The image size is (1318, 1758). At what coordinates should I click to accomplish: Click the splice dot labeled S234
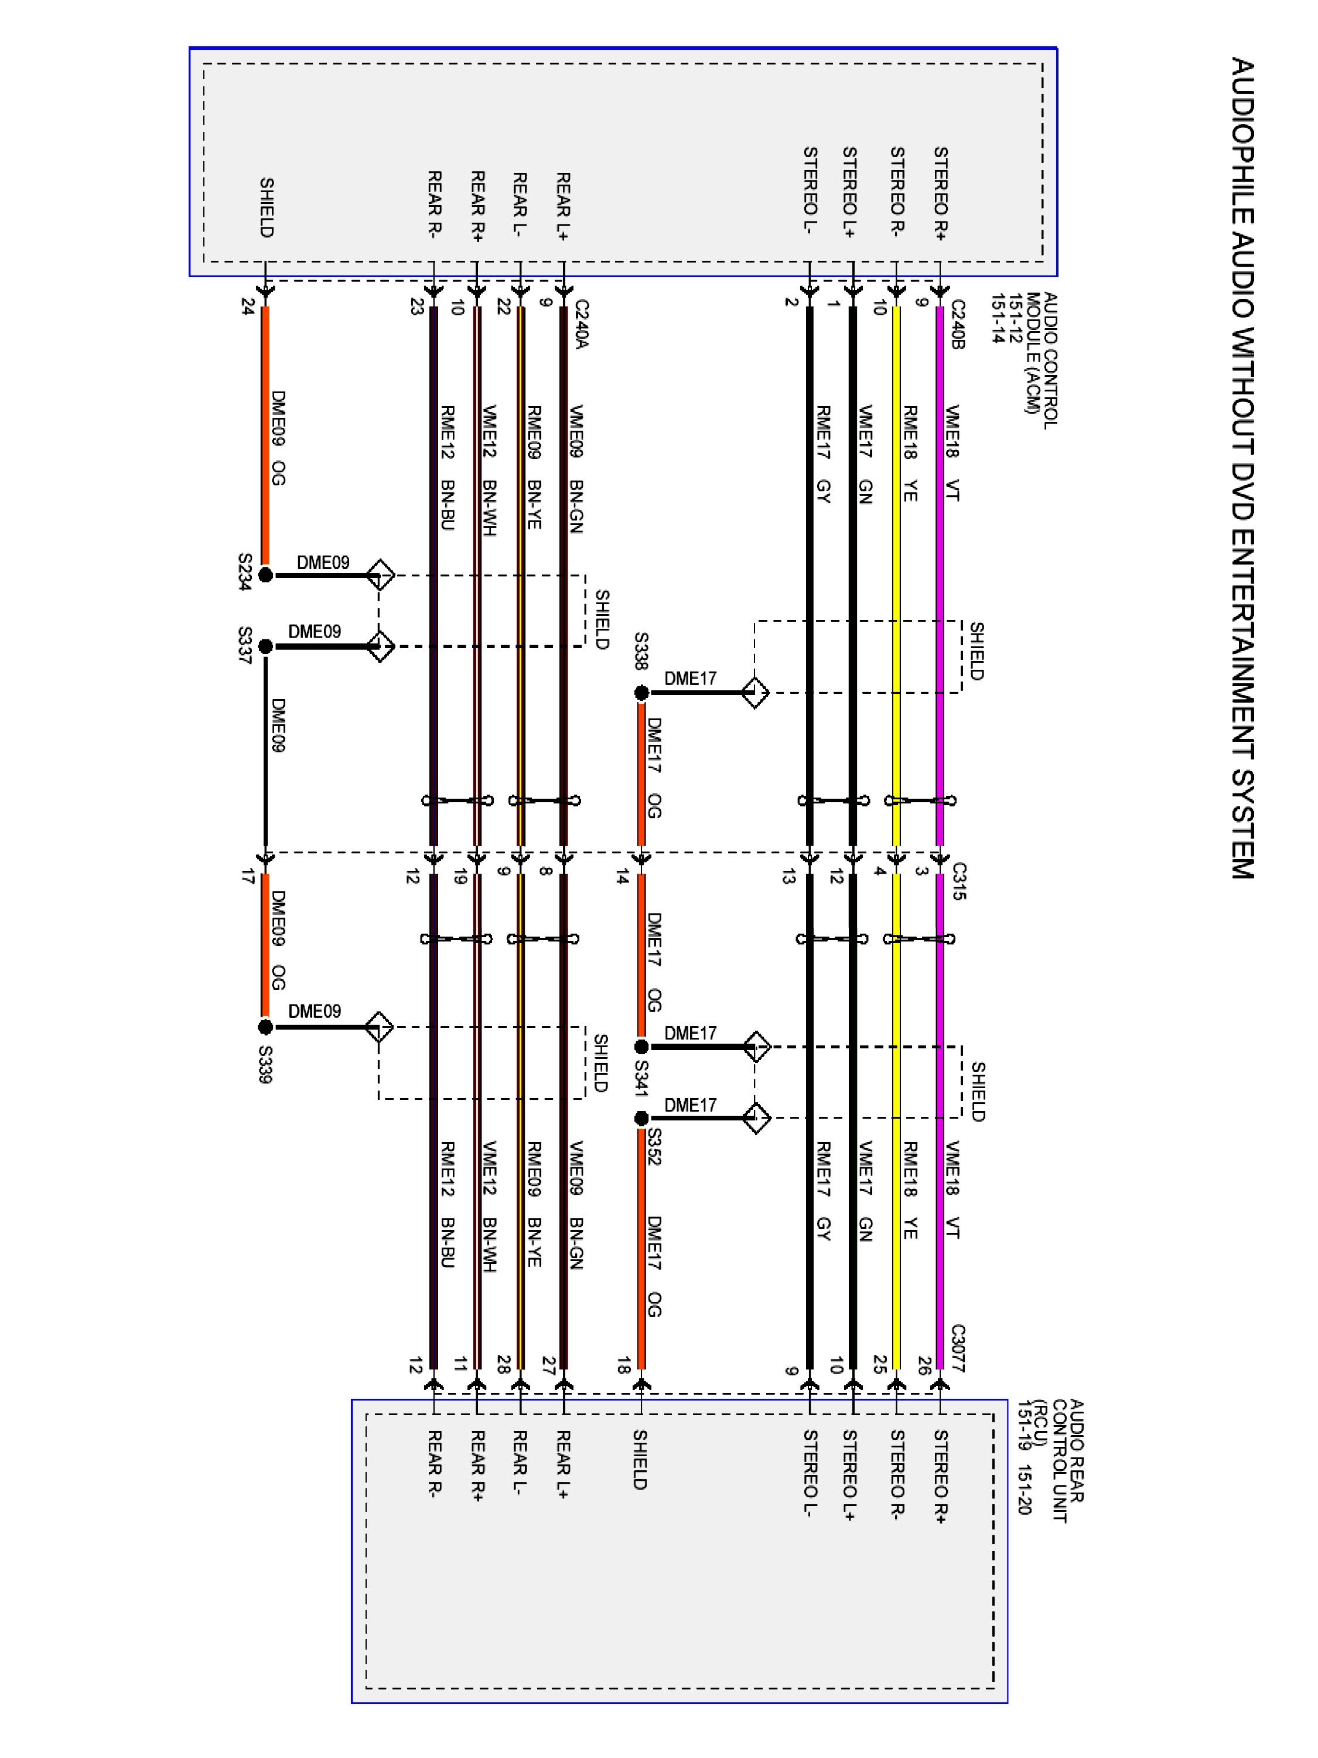pos(265,575)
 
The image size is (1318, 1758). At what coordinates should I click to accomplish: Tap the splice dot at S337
pos(265,646)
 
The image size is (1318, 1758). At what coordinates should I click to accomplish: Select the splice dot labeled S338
pos(641,693)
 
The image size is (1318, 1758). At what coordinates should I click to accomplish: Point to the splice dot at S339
pos(265,1027)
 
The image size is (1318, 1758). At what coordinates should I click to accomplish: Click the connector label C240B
pos(957,325)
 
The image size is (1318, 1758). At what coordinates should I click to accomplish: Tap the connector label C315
pos(957,881)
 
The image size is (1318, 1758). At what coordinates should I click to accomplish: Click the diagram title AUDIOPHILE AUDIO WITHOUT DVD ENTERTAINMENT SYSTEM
pos(1242,469)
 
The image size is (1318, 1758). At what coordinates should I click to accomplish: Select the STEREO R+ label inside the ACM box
pos(941,193)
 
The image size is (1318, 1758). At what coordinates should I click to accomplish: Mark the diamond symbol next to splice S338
pos(754,693)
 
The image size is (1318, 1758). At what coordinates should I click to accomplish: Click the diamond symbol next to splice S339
pos(379,1027)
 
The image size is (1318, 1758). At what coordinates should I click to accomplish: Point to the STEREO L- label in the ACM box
pos(810,190)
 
